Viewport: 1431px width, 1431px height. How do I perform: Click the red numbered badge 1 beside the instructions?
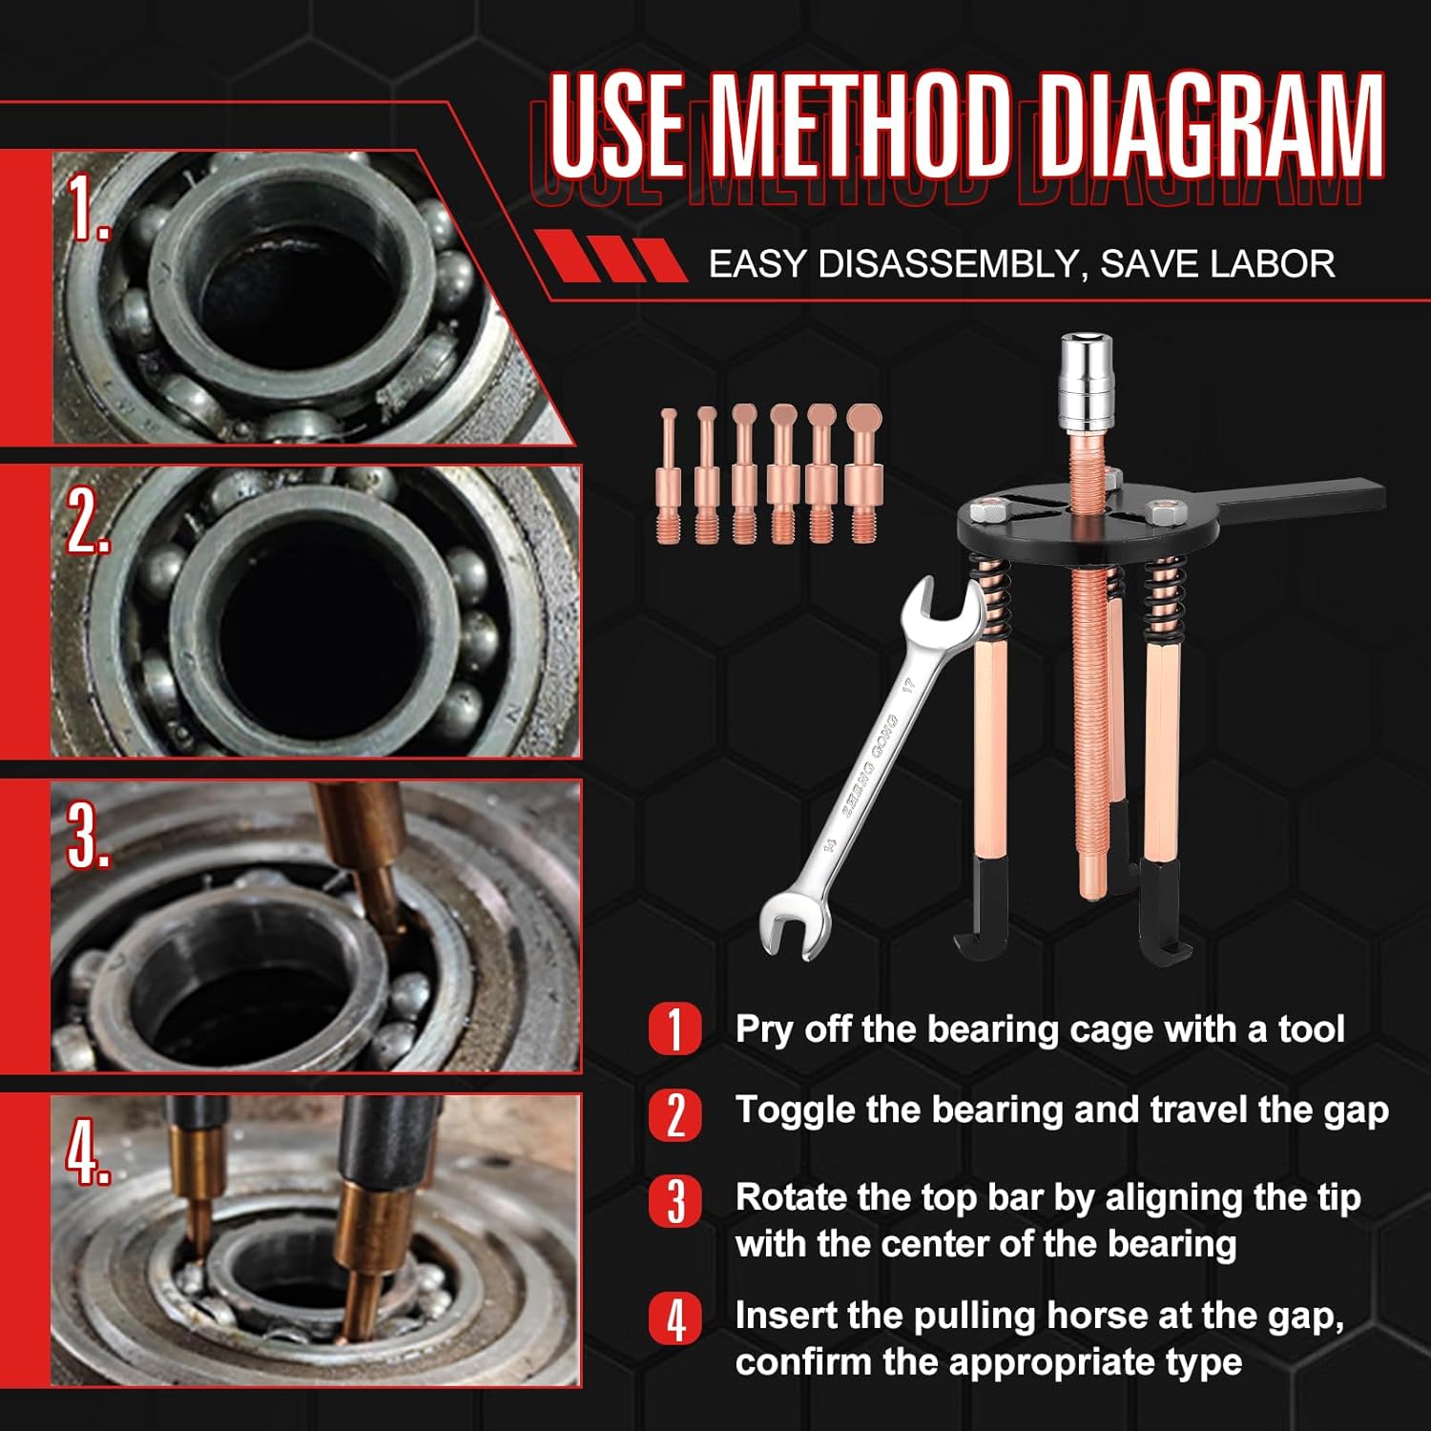(675, 1029)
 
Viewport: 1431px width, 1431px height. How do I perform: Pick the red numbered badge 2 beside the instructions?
(675, 1114)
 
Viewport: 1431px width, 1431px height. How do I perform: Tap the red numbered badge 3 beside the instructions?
(675, 1201)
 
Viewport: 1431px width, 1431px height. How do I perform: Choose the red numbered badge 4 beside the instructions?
(675, 1319)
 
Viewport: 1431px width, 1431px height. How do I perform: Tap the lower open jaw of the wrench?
(794, 923)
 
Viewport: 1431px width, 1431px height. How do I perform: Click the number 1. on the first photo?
(89, 208)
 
